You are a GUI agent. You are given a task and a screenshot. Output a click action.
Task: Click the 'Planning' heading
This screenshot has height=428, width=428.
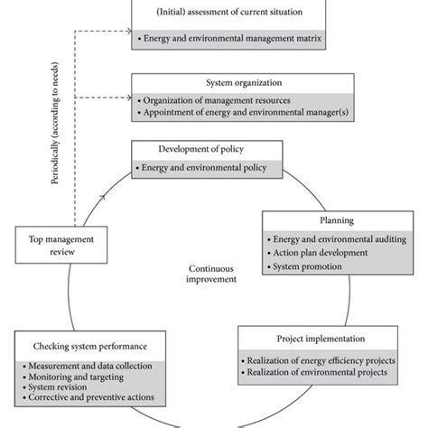pos(335,219)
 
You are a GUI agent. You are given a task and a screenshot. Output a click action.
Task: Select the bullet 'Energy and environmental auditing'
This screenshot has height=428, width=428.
pos(335,239)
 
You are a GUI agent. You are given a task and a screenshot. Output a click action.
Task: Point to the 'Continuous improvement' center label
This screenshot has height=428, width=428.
pos(214,274)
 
